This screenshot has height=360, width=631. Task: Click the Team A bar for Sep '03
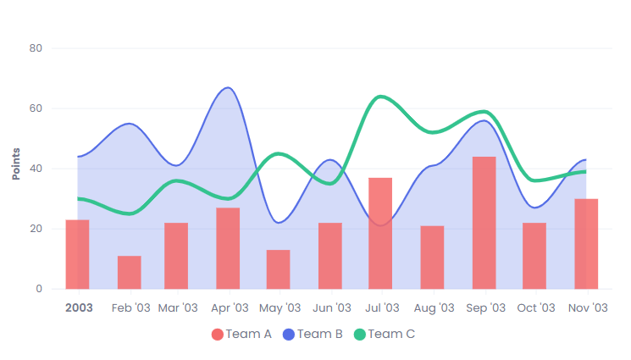484,223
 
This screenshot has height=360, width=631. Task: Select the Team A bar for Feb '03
129,272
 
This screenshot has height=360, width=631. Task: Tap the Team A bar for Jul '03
380,233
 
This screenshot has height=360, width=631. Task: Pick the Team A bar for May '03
279,269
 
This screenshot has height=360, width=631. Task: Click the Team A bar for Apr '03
228,248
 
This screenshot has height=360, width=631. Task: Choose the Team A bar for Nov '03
586,244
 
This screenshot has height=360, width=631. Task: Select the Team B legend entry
313,335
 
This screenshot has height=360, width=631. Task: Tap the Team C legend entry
385,335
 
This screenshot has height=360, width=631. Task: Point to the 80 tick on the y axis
36,48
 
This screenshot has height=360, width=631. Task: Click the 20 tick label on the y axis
36,229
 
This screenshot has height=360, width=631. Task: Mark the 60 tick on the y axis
36,108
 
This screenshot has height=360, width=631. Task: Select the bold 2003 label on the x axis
79,308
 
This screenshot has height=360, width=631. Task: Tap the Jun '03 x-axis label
331,308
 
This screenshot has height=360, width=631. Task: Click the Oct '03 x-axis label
535,308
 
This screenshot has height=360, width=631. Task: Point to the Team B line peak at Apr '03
227,88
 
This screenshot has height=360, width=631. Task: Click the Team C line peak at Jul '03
381,97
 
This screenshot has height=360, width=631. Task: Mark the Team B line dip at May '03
279,223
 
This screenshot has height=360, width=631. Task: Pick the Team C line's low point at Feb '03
129,213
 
